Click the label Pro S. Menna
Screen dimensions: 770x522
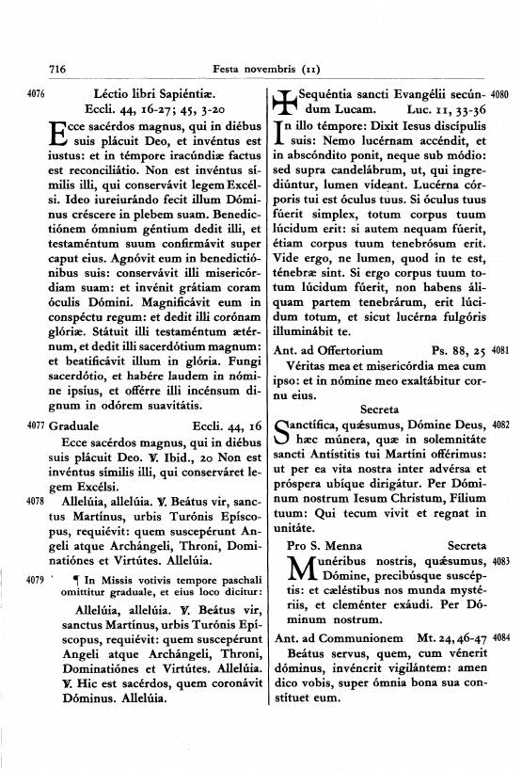pyautogui.click(x=324, y=545)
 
